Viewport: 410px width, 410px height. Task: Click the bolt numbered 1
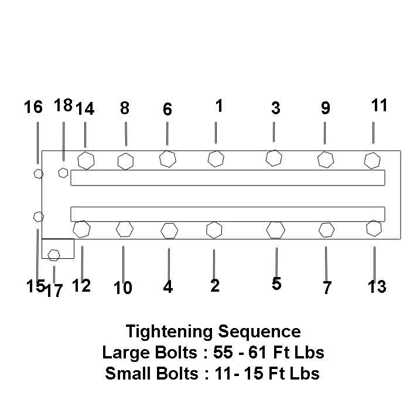point(216,158)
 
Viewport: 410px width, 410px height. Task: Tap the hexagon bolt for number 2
point(214,230)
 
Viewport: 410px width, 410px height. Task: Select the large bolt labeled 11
point(373,160)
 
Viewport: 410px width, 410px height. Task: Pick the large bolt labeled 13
point(374,228)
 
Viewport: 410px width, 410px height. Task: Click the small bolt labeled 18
point(63,173)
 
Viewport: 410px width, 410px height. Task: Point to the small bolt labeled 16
point(38,173)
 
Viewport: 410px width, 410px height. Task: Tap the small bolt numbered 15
point(38,217)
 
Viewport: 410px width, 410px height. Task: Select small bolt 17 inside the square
point(54,255)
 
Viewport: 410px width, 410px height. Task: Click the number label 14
point(85,109)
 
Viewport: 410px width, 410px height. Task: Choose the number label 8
point(124,108)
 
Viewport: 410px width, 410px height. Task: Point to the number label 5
point(276,283)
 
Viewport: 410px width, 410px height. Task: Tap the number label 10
point(123,288)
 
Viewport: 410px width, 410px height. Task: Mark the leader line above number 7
point(326,262)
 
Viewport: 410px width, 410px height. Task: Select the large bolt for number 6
point(168,159)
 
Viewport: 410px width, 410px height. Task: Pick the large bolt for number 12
point(82,228)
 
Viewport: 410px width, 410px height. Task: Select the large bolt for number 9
point(325,159)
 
